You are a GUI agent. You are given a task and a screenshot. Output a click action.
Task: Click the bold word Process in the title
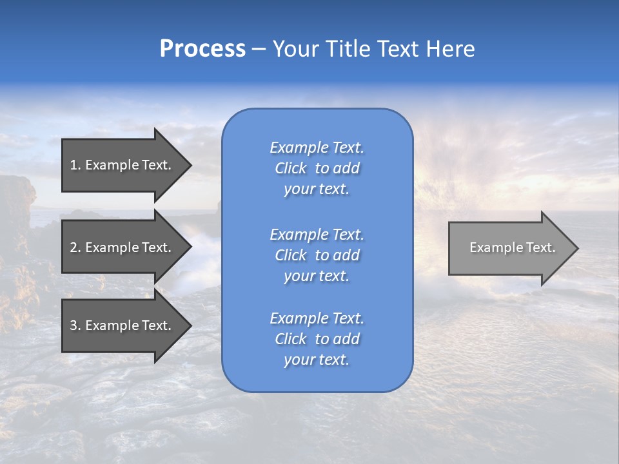[x=202, y=49]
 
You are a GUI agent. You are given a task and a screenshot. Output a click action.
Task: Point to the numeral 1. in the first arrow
[x=75, y=165]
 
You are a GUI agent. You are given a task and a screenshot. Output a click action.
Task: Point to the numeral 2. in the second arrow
[x=75, y=247]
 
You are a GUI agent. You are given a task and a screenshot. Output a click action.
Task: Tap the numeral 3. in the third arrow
[x=75, y=325]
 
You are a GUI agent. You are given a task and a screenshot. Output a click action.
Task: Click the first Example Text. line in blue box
[x=317, y=148]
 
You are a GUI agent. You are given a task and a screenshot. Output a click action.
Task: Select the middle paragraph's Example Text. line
[x=317, y=235]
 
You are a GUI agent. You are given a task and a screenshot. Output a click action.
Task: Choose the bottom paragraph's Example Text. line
[x=317, y=318]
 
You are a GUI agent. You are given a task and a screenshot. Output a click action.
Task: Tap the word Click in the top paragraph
[x=291, y=168]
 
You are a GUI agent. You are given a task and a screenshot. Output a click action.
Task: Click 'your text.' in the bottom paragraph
[x=317, y=360]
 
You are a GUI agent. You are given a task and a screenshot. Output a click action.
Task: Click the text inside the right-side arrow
[x=512, y=247]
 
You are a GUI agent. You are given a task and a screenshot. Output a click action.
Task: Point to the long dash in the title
[x=259, y=50]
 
